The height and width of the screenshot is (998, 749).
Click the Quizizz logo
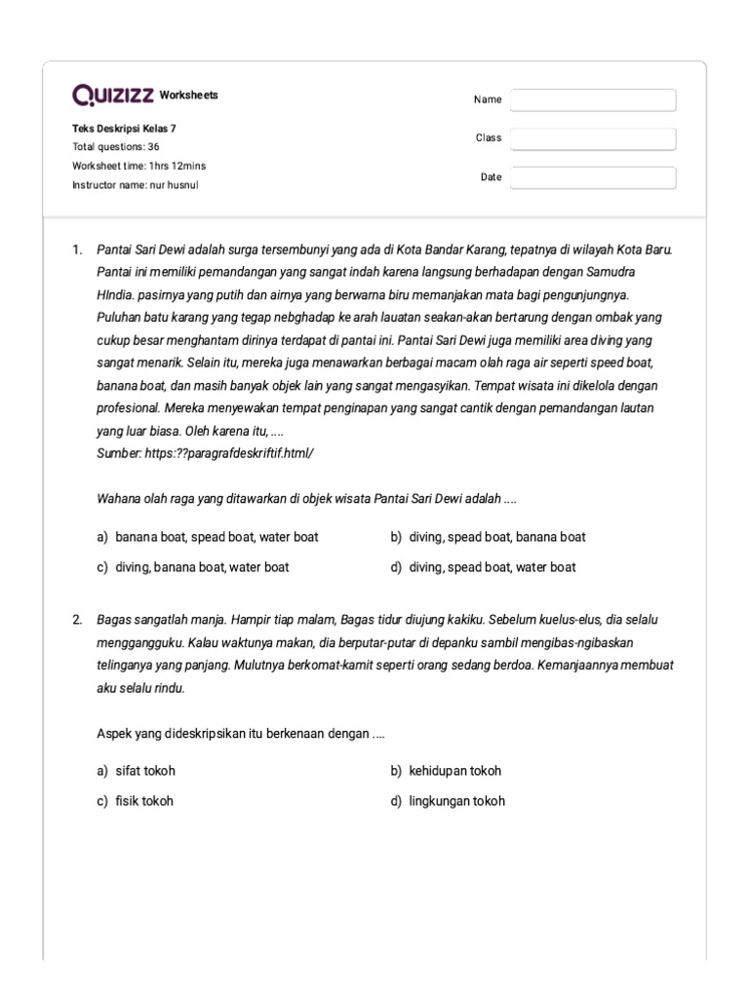[112, 96]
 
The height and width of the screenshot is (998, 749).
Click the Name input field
[593, 100]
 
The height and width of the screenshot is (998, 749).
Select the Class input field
[593, 138]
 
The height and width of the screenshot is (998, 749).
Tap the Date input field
[593, 177]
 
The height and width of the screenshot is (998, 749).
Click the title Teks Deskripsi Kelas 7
[125, 129]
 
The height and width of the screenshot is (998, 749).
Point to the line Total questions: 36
[116, 147]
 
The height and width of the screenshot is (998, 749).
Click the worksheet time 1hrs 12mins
[139, 166]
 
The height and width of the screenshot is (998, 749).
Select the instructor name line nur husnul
[136, 185]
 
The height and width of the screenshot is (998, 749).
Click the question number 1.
[77, 249]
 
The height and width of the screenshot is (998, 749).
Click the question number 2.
[77, 620]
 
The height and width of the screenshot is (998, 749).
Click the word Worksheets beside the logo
[188, 96]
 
